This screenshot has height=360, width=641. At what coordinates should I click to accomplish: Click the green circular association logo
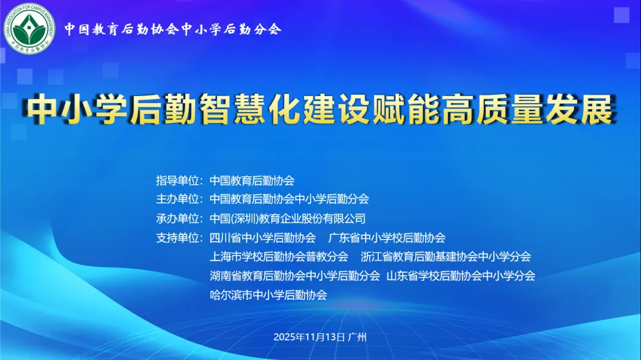coord(29,29)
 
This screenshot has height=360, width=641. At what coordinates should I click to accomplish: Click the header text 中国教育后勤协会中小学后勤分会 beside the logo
coord(173,29)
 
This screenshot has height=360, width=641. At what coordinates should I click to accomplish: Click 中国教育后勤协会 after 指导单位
coord(252,180)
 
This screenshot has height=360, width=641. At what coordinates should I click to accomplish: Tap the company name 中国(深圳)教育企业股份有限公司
coord(288,218)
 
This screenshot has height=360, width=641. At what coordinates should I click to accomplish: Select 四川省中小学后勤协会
coord(263,238)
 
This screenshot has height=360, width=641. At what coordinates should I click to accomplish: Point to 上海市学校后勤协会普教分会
coord(279,257)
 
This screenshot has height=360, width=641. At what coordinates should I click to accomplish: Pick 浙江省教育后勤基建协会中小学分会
coord(446,257)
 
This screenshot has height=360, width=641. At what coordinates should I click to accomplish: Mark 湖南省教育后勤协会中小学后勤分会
coord(295,276)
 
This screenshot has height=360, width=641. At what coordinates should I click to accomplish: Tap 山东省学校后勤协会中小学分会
coord(461,276)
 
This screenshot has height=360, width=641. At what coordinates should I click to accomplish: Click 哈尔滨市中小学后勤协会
coord(268,295)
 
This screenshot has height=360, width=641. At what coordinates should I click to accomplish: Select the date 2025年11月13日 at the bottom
coord(309,337)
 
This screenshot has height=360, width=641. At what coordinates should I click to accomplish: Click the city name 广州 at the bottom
coord(358,337)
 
